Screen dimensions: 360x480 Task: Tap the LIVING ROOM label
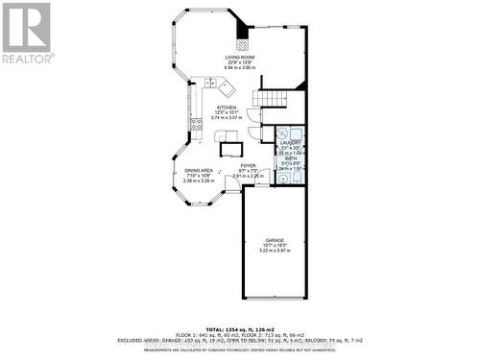[x=238, y=58]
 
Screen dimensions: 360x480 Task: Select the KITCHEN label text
[x=227, y=108]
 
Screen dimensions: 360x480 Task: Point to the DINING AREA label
[x=200, y=170]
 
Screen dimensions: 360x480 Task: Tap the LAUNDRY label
[x=291, y=143]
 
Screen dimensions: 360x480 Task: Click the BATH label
[x=291, y=158]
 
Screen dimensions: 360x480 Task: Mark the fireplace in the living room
[x=244, y=41]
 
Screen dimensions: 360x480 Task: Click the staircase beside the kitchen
[x=270, y=99]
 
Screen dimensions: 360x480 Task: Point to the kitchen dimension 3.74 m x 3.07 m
[x=227, y=118]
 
